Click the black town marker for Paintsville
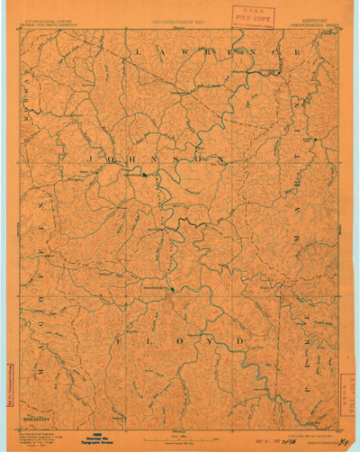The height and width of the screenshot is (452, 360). (142, 175)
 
